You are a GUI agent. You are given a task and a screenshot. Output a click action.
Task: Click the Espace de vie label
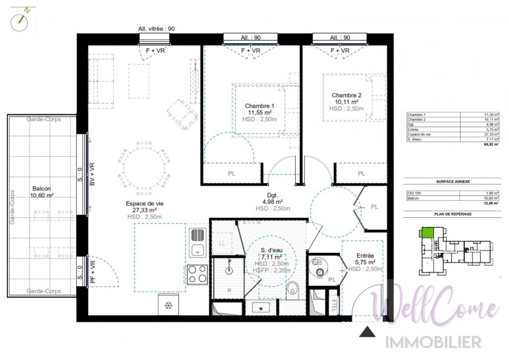[x=144, y=204]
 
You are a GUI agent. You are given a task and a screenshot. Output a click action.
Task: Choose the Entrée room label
[x=365, y=256]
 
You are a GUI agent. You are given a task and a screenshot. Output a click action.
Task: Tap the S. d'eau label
[x=271, y=251]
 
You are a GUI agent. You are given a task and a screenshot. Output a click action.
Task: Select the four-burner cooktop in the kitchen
[x=198, y=275]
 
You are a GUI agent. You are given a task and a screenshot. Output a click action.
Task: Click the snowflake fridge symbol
[x=168, y=304]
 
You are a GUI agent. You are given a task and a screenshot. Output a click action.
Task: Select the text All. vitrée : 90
[x=157, y=28]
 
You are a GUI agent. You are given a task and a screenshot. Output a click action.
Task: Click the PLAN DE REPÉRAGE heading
[x=452, y=214]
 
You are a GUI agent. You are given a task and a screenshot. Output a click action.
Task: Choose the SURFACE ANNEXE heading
[x=452, y=182]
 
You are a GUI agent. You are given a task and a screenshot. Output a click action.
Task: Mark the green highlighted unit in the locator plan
[x=427, y=232]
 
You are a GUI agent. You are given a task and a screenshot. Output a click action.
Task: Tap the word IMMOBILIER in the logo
[x=434, y=341]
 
